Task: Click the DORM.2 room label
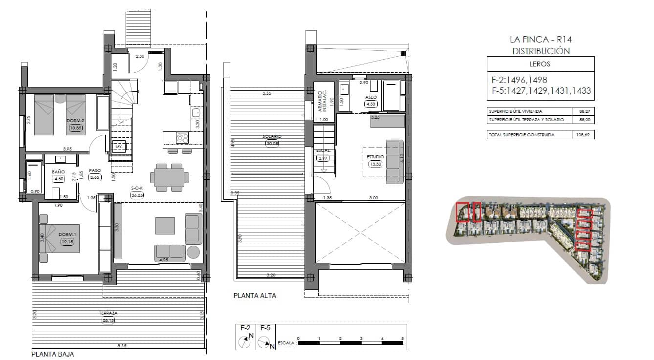(x=76, y=121)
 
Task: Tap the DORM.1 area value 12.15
(x=67, y=242)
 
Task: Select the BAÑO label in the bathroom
(x=59, y=171)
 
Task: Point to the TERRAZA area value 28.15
(x=108, y=320)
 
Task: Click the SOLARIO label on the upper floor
(x=271, y=136)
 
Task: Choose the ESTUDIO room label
(x=375, y=157)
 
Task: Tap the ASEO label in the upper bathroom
(x=371, y=97)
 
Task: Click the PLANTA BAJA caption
(x=53, y=354)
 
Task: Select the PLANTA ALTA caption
(x=255, y=296)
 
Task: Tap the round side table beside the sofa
(x=194, y=252)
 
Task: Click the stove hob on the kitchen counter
(x=182, y=138)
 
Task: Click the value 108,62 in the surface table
(x=583, y=135)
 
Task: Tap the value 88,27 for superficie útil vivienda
(x=583, y=111)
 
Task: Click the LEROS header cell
(x=541, y=64)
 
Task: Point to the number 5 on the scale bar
(x=402, y=338)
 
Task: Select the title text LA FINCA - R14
(x=541, y=40)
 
